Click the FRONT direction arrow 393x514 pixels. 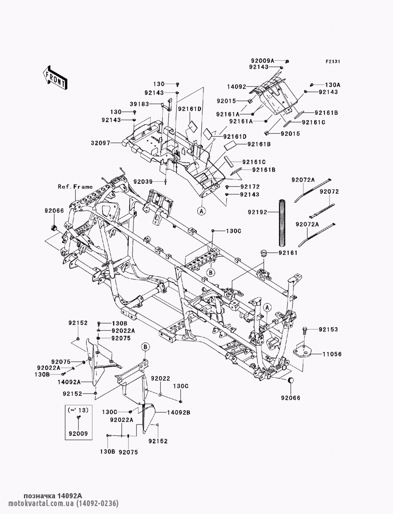click(55, 78)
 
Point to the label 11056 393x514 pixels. click(332, 354)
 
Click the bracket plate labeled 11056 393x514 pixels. click(303, 351)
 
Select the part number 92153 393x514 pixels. click(328, 329)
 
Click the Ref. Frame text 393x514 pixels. click(75, 187)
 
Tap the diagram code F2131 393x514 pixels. click(332, 62)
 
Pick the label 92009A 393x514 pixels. click(263, 61)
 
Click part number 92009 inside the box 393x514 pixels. click(78, 434)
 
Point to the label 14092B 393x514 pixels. click(179, 413)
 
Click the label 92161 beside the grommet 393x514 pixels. click(288, 253)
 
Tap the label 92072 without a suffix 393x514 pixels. click(329, 192)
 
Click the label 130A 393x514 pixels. click(332, 85)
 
